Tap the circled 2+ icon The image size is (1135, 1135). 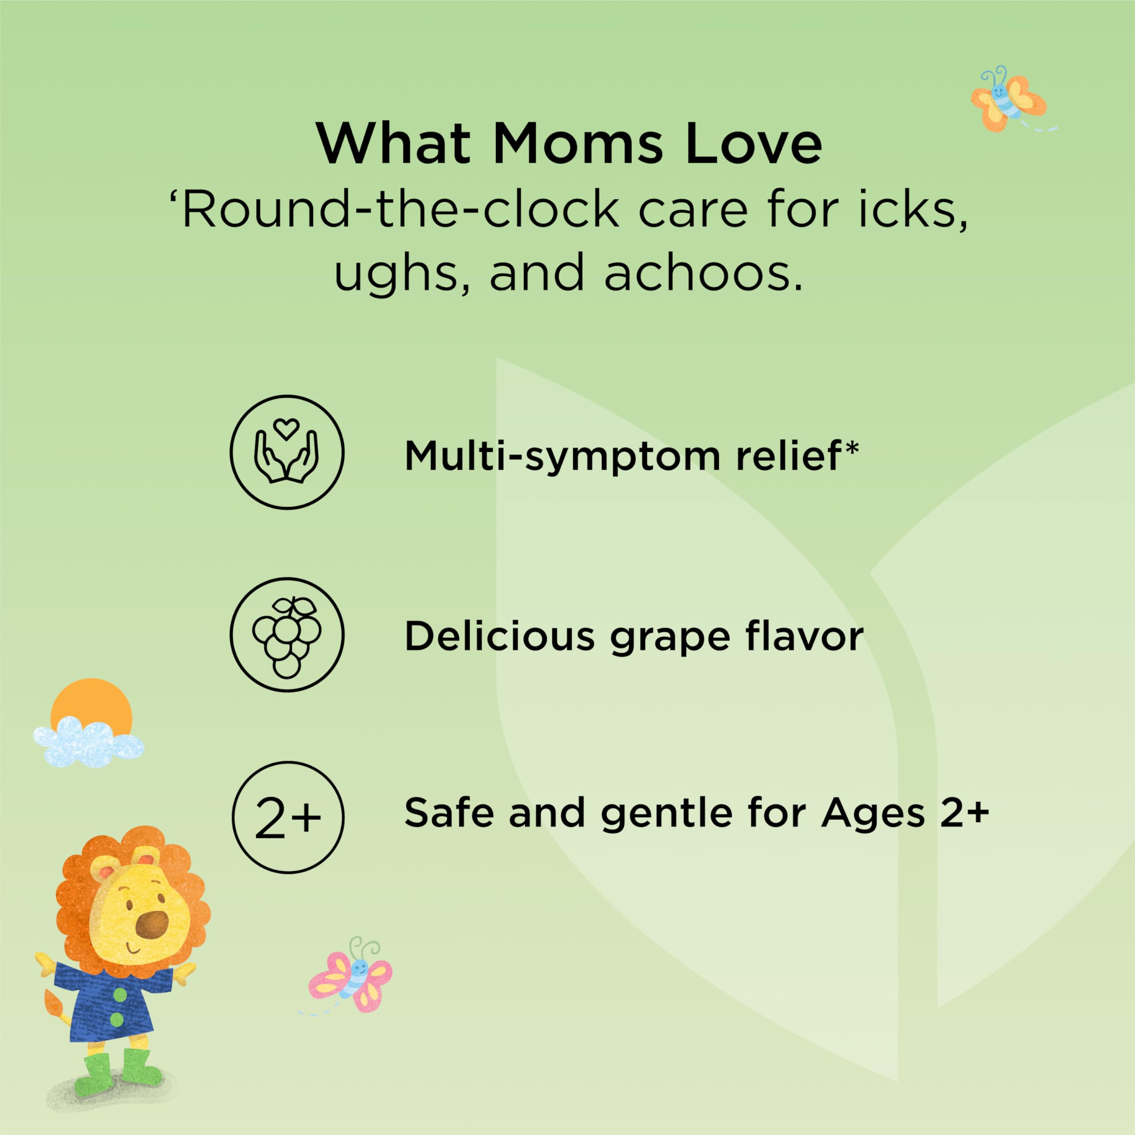click(x=287, y=817)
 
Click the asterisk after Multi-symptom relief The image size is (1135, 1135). click(x=850, y=450)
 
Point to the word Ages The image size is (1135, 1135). click(x=873, y=817)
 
